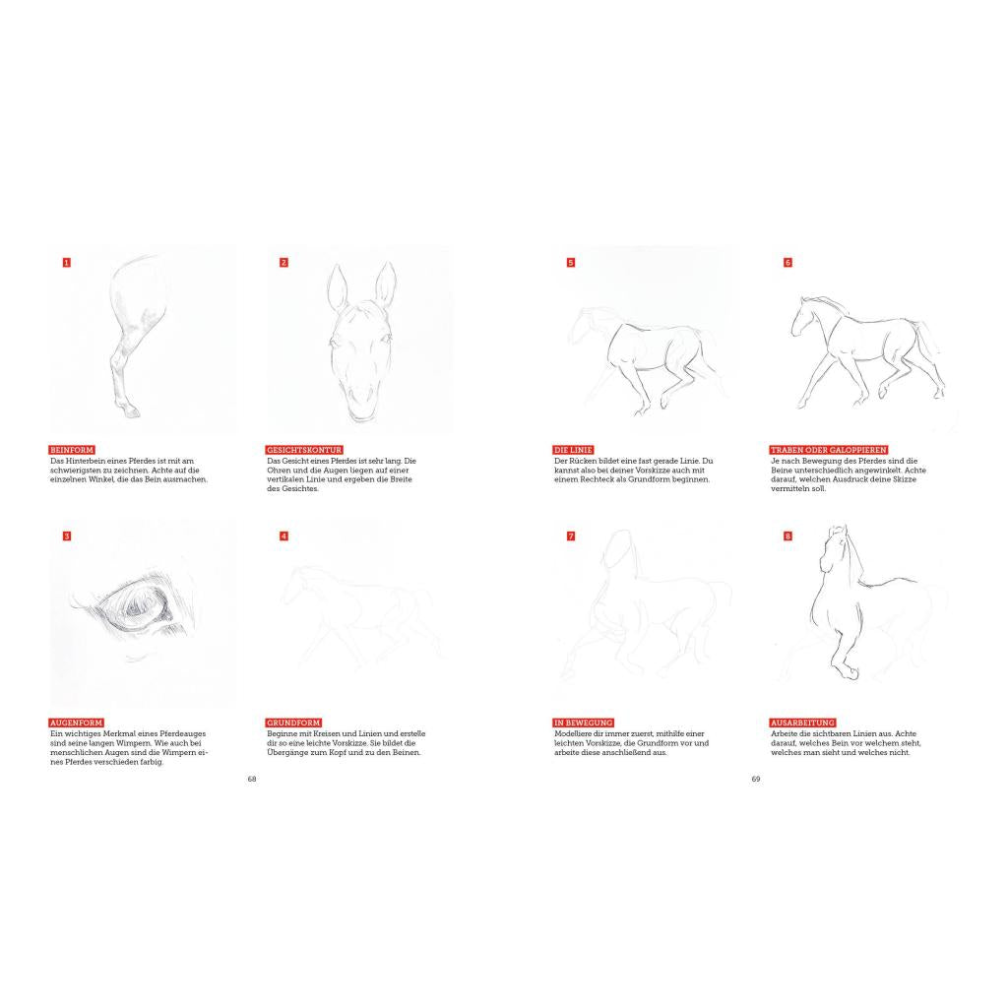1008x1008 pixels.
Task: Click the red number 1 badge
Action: (66, 262)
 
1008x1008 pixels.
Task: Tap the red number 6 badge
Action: (787, 262)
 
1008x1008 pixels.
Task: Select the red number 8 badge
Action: (787, 536)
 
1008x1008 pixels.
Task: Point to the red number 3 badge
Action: (66, 536)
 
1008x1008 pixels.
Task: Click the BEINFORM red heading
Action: (72, 450)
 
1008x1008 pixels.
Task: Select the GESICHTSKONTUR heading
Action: (304, 450)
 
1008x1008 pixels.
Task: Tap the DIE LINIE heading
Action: (573, 450)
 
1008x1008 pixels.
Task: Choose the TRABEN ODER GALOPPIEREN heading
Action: (829, 450)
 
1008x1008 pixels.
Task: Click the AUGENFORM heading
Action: (77, 723)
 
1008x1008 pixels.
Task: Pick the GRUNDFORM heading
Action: (293, 723)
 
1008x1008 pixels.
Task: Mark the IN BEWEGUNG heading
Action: (583, 723)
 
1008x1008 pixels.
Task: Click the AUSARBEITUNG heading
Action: (802, 723)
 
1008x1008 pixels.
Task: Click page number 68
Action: (252, 779)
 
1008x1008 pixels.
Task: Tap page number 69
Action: (756, 779)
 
